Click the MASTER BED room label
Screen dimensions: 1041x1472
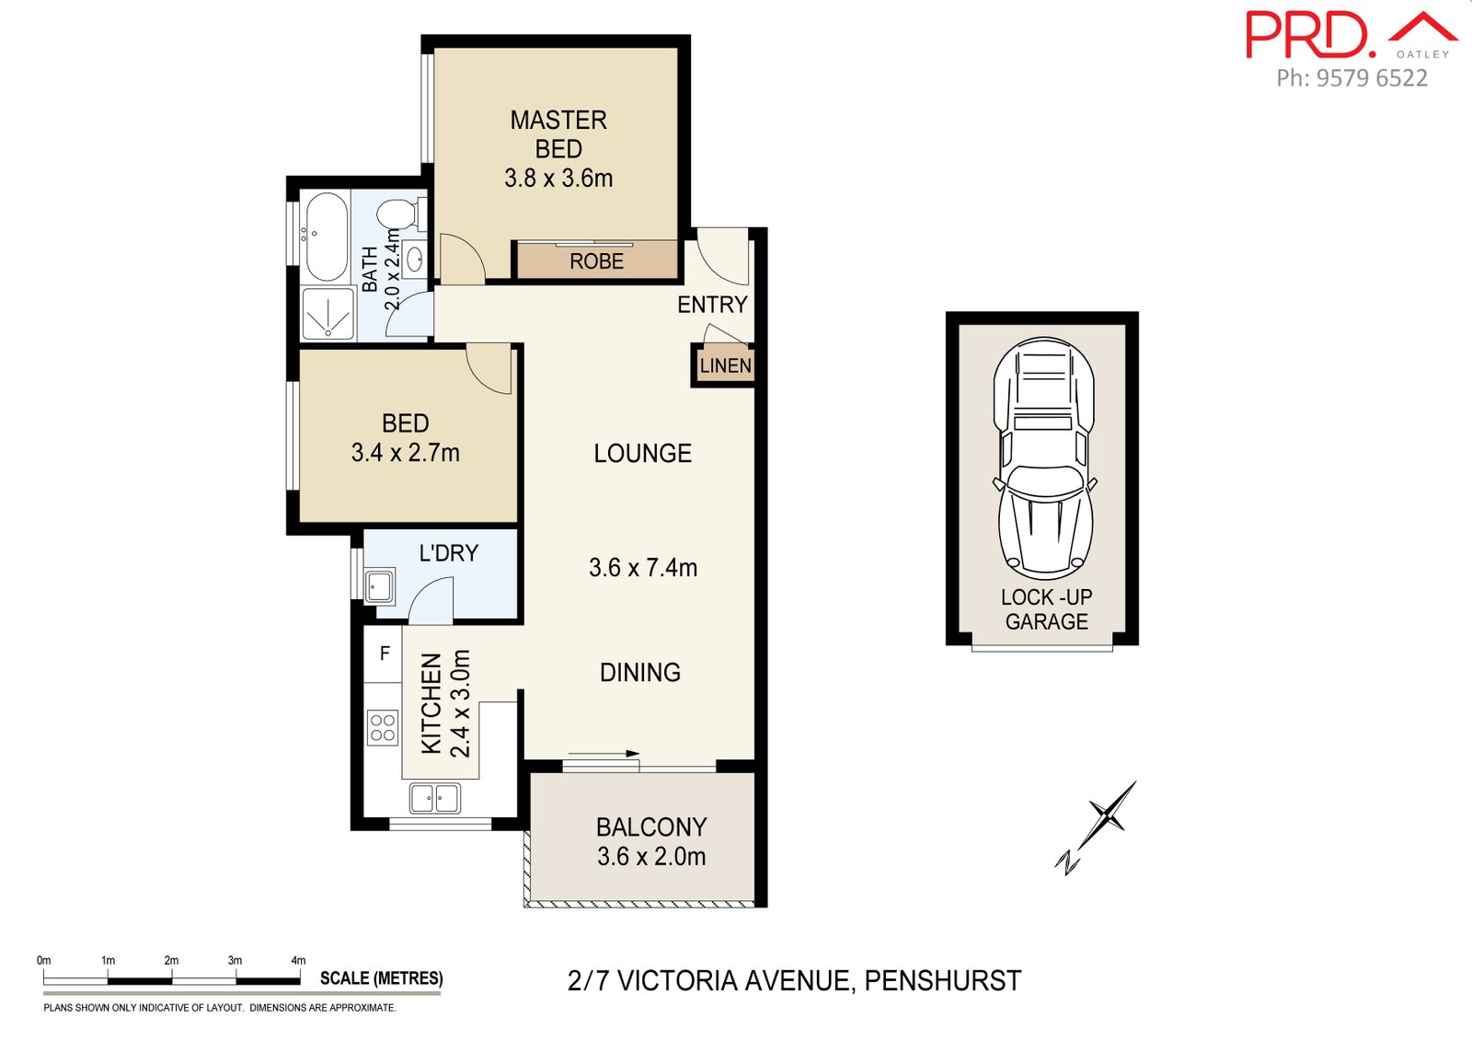pos(558,134)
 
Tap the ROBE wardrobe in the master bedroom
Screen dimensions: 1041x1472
pos(596,261)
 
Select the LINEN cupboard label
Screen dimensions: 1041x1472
pos(725,365)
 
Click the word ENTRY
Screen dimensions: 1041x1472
pos(712,305)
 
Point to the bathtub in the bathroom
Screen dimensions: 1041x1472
pos(326,237)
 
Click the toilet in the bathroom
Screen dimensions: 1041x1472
pos(398,214)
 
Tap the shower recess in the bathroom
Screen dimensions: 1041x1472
pos(328,314)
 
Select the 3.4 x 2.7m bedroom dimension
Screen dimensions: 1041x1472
pos(405,453)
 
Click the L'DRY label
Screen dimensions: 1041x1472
pos(448,553)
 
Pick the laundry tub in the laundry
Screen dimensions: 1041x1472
pos(380,585)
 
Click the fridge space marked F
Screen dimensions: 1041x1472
pos(385,654)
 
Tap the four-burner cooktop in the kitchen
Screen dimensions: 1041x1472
pos(383,728)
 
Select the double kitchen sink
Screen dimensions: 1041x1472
pos(435,798)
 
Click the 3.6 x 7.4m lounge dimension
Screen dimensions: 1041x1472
pos(642,568)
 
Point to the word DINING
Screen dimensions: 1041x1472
pos(640,673)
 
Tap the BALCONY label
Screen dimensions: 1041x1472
pos(651,827)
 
